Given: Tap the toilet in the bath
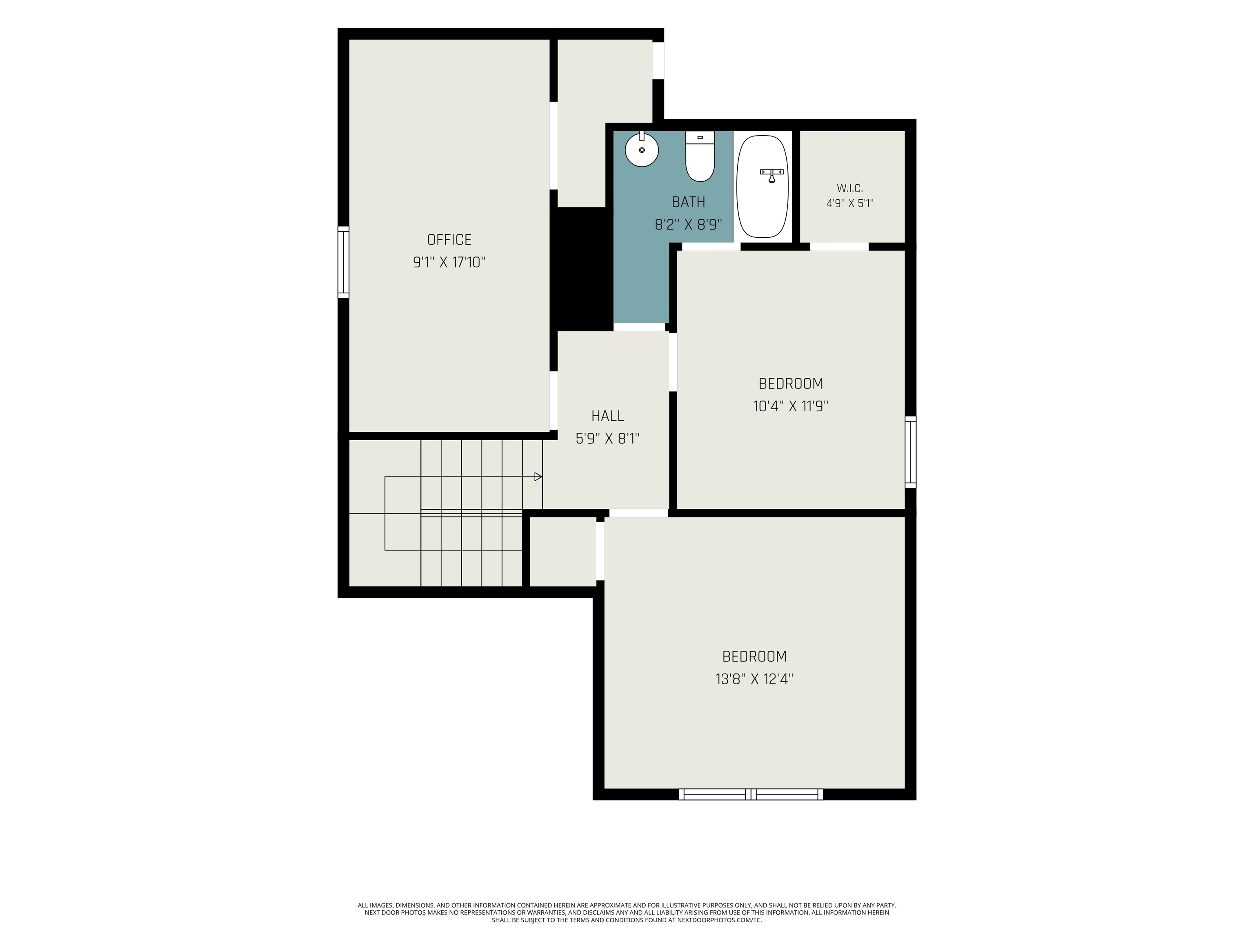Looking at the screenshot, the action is pyautogui.click(x=700, y=156).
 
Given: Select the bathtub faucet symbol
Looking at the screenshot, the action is pyautogui.click(x=772, y=175).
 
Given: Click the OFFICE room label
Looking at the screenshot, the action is pyautogui.click(x=449, y=239).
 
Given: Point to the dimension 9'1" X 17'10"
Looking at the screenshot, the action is pyautogui.click(x=449, y=262).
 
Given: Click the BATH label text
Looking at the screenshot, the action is pyautogui.click(x=688, y=202).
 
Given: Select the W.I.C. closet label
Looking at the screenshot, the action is pyautogui.click(x=850, y=188).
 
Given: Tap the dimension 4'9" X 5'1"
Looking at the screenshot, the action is pyautogui.click(x=850, y=203).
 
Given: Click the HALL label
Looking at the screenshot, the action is pyautogui.click(x=608, y=416).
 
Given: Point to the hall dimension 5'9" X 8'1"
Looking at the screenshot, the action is pyautogui.click(x=608, y=439).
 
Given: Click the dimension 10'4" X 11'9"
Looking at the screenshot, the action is pyautogui.click(x=791, y=406).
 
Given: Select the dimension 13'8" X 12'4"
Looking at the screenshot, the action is pyautogui.click(x=754, y=679).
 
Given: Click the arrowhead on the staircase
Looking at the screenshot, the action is pyautogui.click(x=538, y=477).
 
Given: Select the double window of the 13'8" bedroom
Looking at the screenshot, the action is pyautogui.click(x=751, y=794).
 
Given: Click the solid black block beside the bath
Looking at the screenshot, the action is pyautogui.click(x=582, y=268).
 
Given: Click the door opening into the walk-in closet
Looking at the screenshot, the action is pyautogui.click(x=840, y=247).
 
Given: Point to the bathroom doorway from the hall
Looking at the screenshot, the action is pyautogui.click(x=640, y=327).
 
